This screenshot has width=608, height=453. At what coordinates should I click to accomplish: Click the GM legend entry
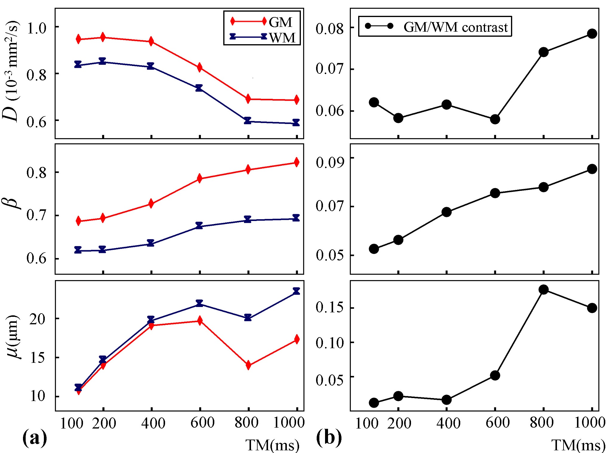[x=280, y=22]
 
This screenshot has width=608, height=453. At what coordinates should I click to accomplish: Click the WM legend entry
[x=282, y=38]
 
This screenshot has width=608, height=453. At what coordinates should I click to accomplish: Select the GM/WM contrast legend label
[x=455, y=27]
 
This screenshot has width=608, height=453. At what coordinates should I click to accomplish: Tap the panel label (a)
[x=35, y=438]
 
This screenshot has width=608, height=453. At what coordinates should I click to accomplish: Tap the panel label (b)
[x=329, y=438]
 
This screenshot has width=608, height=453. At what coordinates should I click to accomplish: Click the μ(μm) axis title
[x=13, y=336]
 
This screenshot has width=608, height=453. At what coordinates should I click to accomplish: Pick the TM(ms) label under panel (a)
[x=272, y=445]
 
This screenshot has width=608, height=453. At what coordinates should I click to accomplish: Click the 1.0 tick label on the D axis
[x=36, y=28]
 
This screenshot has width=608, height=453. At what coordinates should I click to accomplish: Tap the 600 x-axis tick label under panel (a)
[x=202, y=423]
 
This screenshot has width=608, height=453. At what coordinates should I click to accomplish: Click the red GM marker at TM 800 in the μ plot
[x=248, y=365]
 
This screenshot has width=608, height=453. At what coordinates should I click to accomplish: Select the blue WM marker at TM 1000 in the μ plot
[x=296, y=291]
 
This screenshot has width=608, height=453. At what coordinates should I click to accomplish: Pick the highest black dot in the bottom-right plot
[x=544, y=290]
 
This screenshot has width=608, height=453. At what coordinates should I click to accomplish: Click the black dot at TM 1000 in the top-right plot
[x=592, y=33]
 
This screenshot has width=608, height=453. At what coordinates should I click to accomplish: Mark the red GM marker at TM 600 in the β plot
[x=200, y=179]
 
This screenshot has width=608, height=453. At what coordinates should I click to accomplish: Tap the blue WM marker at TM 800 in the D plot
[x=247, y=121]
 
